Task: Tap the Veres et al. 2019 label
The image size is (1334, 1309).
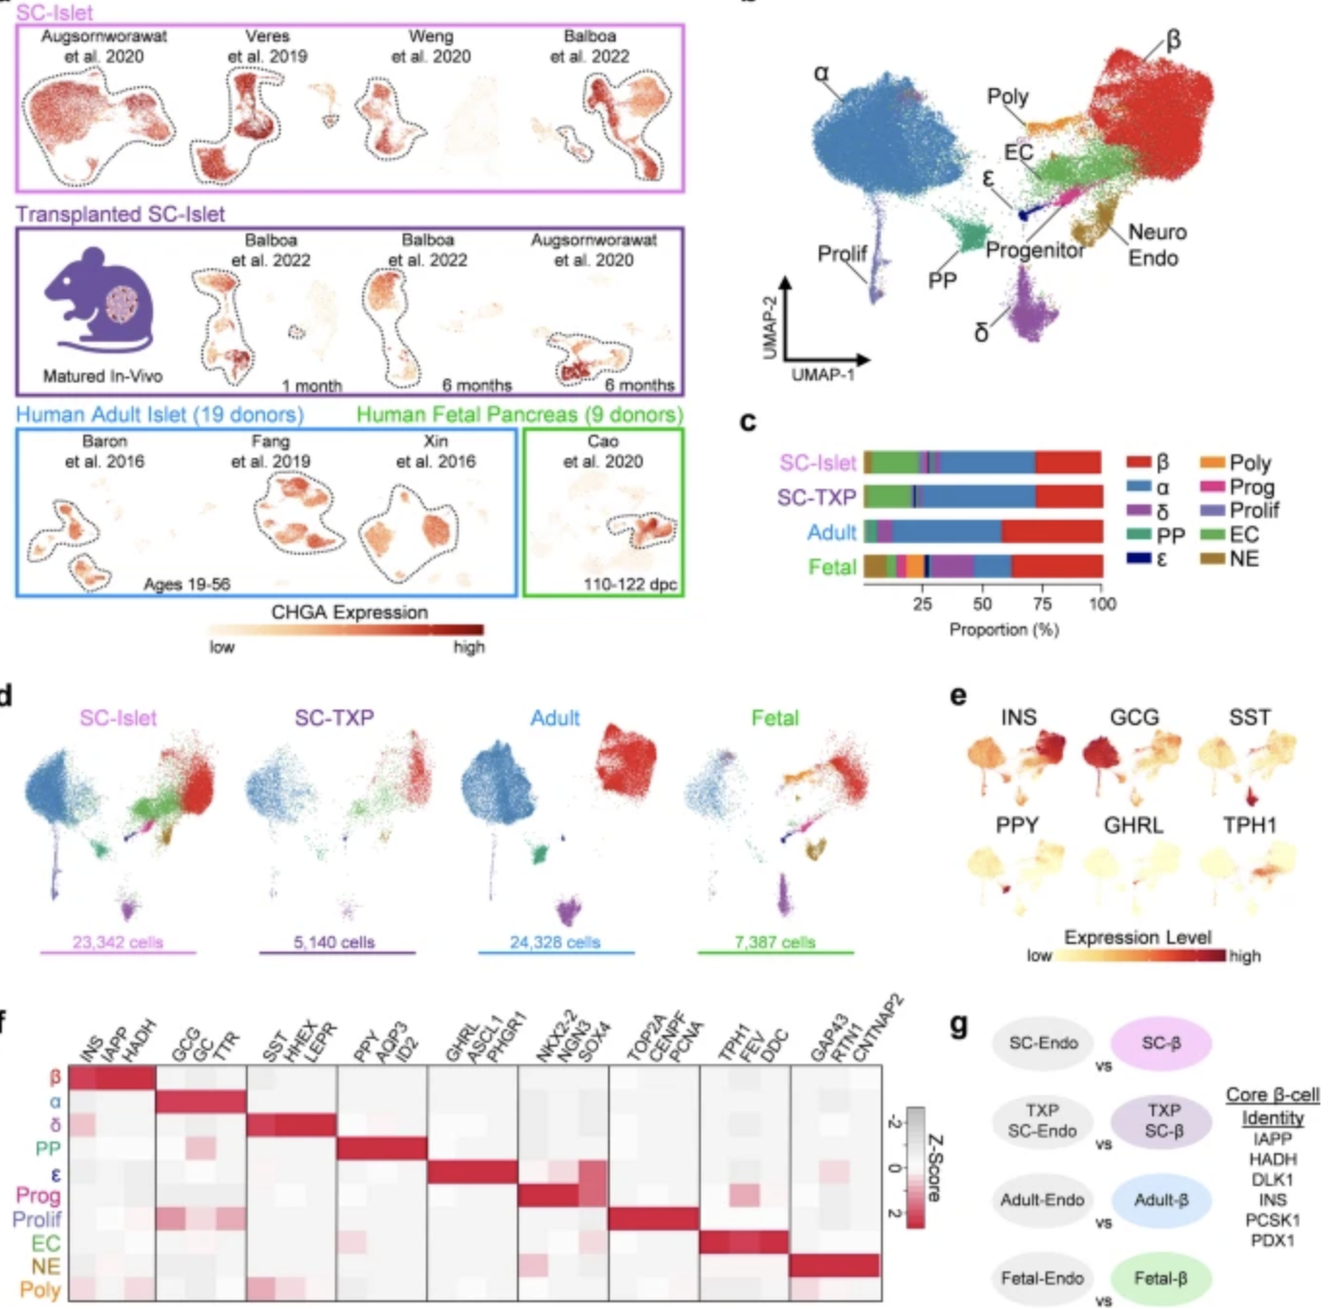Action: coord(267,46)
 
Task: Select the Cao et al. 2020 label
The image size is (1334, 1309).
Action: coord(602,451)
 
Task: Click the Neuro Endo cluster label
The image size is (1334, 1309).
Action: coord(1156,245)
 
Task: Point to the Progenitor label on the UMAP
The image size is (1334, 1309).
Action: coord(1034,250)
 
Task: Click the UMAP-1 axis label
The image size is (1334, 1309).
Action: coord(823,375)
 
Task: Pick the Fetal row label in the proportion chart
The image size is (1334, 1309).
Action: coord(832,566)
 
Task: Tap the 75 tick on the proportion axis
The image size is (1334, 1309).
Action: coord(1042,604)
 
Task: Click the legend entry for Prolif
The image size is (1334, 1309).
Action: coord(1254,510)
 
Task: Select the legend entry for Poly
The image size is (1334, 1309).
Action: coord(1249,463)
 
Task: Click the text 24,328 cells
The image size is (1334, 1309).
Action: coord(555,942)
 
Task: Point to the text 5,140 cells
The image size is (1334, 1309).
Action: coord(334,942)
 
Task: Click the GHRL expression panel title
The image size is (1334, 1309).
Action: coord(1134,825)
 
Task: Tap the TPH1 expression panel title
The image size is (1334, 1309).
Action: coord(1250,825)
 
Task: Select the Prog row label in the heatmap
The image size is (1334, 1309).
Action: coord(38,1196)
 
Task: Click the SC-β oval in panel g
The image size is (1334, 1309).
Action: coord(1161,1043)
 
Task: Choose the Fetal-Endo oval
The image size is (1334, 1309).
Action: coord(1042,1278)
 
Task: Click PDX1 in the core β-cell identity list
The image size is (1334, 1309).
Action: coord(1272,1240)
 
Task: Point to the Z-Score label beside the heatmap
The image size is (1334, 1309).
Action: coord(934,1168)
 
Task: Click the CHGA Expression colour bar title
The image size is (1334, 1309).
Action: coord(349,612)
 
